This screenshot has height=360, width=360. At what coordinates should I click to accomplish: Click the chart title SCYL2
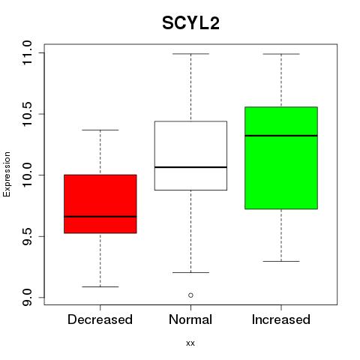point(190,23)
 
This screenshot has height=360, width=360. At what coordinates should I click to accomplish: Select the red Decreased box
point(100,204)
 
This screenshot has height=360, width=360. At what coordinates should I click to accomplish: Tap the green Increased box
point(281,157)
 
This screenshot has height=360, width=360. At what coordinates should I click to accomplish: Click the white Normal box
point(190,155)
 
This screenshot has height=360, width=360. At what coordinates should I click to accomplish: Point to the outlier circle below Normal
point(190,295)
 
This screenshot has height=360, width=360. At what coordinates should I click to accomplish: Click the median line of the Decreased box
point(100,217)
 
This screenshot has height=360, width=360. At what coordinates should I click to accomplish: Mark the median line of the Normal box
point(190,167)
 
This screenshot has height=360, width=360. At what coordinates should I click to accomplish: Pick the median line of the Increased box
point(281,136)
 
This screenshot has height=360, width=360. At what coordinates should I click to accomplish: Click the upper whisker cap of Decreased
point(100,130)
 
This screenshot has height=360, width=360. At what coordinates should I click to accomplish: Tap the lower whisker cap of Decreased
point(100,286)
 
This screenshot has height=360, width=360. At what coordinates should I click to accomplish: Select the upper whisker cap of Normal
point(190,54)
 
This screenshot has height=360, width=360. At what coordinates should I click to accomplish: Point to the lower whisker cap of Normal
point(190,272)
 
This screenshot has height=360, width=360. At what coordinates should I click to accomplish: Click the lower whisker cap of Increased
point(281,261)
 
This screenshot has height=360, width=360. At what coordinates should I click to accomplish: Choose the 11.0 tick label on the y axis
point(27,53)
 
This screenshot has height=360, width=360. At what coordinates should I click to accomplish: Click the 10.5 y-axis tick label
point(27,114)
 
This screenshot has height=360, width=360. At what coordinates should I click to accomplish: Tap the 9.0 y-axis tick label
point(27,298)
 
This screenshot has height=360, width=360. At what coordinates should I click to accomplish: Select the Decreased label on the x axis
point(100,319)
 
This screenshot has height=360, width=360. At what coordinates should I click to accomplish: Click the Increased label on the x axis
point(281,319)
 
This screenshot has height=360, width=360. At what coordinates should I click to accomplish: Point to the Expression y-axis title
point(7,174)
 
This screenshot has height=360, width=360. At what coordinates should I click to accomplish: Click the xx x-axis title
point(190,343)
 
